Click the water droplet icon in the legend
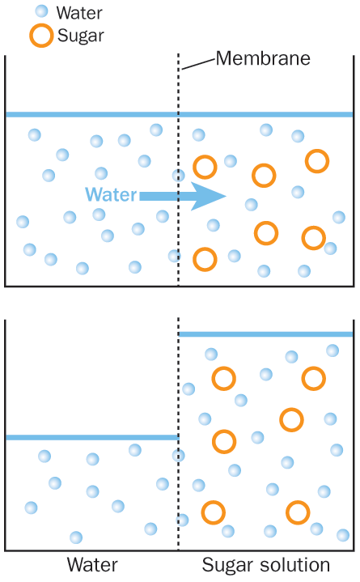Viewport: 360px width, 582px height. [41, 11]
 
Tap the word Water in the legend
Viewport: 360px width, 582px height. [79, 13]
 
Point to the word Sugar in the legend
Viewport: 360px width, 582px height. [81, 36]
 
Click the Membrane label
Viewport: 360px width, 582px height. [263, 58]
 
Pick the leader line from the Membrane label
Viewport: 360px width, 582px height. [198, 64]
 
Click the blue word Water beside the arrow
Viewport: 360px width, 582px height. [112, 194]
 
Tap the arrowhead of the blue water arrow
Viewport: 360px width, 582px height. [208, 197]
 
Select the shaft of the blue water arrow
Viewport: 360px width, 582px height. [166, 197]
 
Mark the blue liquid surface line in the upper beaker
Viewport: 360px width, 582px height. [179, 114]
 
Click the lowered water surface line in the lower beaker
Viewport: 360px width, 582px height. [92, 438]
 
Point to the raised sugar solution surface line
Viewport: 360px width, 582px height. [265, 334]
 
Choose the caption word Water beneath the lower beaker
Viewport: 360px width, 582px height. [92, 564]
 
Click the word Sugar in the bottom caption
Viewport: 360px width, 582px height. [226, 566]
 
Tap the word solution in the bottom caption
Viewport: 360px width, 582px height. [292, 564]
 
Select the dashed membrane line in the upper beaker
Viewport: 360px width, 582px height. [179, 170]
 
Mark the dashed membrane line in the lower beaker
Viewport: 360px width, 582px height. [179, 434]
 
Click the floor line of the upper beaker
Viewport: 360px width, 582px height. [180, 287]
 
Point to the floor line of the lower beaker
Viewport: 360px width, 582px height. [180, 550]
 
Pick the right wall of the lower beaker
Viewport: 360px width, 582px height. [354, 435]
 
